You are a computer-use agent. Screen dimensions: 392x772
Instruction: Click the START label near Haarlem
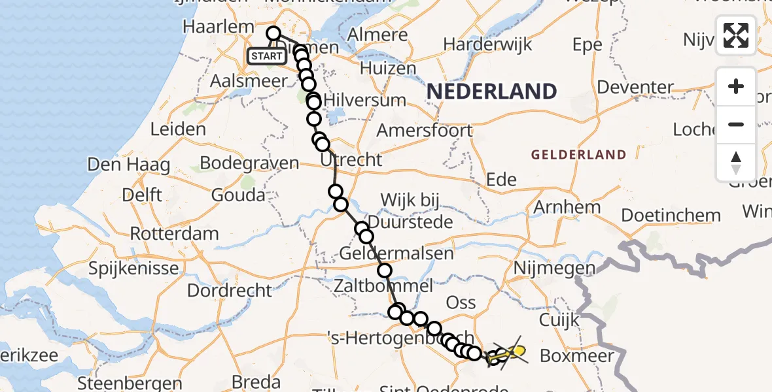tap(266, 56)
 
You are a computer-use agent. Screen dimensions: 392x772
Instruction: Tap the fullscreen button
tap(736, 35)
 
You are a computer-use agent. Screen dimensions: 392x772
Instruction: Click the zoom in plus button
tap(736, 86)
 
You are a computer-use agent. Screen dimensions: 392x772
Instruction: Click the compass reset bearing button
tap(736, 163)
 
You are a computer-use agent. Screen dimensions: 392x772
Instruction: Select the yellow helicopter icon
tap(516, 353)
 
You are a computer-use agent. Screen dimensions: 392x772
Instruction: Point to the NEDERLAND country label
tap(491, 91)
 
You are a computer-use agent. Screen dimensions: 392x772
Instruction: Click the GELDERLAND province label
tap(578, 155)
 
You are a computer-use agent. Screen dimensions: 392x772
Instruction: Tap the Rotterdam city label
tap(174, 233)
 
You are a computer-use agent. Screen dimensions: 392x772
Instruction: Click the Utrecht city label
tap(351, 159)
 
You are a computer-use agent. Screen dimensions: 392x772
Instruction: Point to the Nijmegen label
tap(554, 268)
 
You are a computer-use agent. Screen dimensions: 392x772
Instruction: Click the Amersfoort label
tap(424, 130)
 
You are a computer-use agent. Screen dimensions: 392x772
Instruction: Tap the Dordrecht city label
tap(229, 290)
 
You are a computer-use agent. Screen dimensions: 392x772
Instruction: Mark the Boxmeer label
tap(578, 356)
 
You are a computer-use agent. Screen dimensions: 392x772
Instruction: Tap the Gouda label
tap(238, 195)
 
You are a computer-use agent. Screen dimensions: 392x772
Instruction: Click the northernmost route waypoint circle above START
tap(273, 34)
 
